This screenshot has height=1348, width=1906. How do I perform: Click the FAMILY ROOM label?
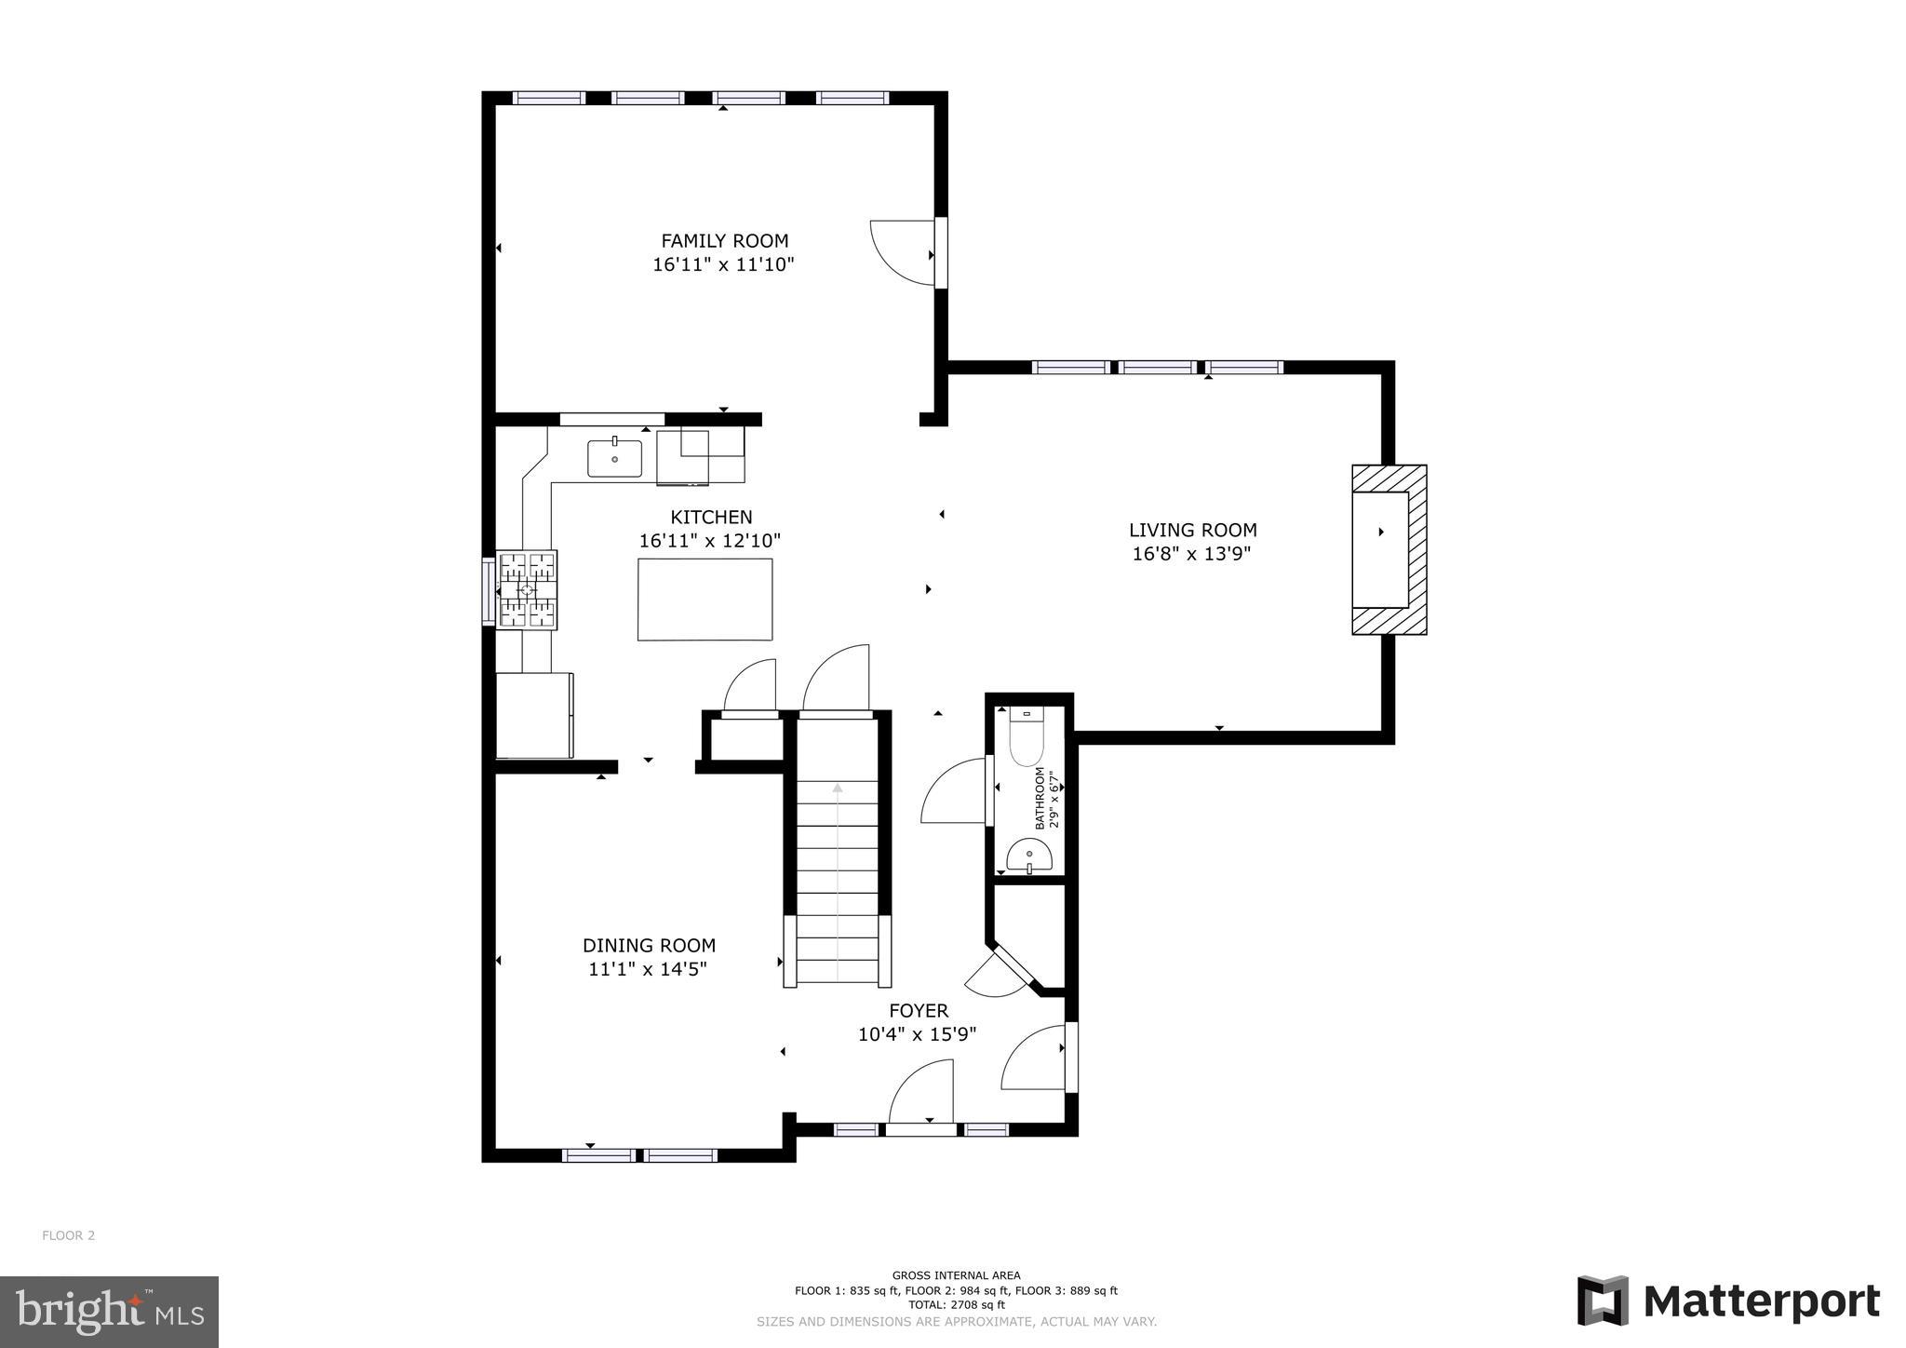point(724,241)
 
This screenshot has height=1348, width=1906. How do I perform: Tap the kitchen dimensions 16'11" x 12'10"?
point(709,541)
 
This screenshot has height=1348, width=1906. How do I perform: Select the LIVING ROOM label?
point(1192,531)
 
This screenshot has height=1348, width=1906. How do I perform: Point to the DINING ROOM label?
point(649,946)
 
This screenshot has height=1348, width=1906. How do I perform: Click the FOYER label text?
point(918,1011)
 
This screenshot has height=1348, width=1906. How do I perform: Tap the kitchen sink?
point(614,458)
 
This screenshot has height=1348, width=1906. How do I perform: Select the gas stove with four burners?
point(527,590)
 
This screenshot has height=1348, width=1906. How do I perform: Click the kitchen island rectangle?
point(705,600)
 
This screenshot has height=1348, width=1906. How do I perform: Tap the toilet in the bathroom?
point(1028,741)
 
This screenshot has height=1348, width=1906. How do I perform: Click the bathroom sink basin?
point(1029,854)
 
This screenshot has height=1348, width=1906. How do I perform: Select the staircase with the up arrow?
point(838,884)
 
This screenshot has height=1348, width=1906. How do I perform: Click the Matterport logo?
point(1728,1301)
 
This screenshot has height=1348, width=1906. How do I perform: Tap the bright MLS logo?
point(109,1312)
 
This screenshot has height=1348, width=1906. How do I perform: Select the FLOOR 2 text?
point(68,1235)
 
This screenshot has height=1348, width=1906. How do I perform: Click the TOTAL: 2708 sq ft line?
point(956,1305)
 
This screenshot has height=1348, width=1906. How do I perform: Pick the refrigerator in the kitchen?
point(534,715)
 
